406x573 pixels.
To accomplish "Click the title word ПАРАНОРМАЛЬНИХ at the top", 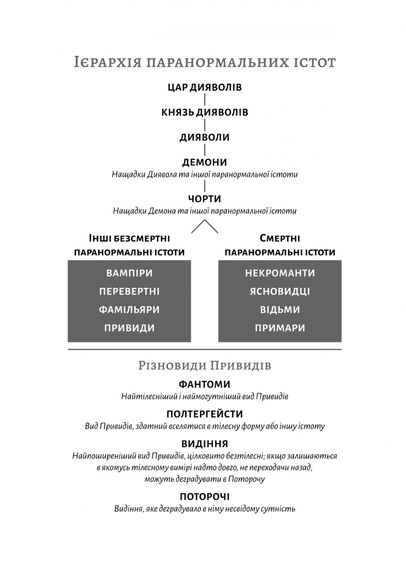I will click(x=206, y=63).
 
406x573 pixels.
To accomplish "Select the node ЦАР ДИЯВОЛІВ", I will click(x=205, y=87).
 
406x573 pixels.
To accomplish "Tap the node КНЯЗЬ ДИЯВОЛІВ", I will click(x=205, y=113).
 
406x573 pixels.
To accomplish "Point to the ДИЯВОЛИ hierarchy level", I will click(x=205, y=138).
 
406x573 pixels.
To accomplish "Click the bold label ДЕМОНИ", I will click(x=205, y=162).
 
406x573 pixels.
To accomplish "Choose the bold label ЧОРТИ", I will click(x=205, y=198).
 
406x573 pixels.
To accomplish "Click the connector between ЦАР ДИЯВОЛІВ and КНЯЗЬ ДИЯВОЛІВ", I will click(x=205, y=100).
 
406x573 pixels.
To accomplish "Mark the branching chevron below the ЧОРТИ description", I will click(x=205, y=226).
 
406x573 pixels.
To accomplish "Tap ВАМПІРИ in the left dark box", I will click(x=129, y=274).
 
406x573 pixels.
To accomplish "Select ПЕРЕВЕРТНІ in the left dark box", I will click(x=129, y=292).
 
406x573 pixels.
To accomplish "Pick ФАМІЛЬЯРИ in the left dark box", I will click(x=129, y=310).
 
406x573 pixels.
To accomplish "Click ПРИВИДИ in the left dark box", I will click(x=129, y=328).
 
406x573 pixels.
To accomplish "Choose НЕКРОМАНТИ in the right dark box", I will click(x=280, y=274).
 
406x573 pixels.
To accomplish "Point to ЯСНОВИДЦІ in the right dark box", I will click(x=280, y=292).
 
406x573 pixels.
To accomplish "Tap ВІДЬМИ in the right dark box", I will click(x=280, y=310).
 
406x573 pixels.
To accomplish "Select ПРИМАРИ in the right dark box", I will click(x=280, y=328).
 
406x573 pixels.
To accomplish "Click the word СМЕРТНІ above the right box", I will click(x=280, y=238).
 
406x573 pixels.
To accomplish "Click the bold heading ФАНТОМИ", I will click(x=205, y=384).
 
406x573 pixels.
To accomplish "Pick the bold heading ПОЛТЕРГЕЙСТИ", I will click(x=205, y=414).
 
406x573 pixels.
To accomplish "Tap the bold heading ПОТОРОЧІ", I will click(x=205, y=497).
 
